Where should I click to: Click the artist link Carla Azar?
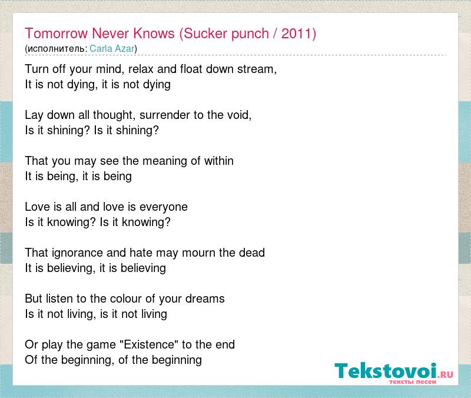point(112,48)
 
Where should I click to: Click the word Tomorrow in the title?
point(57,33)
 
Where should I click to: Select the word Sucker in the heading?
point(205,33)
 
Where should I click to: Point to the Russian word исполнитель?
point(57,49)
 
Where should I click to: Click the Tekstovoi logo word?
point(386,371)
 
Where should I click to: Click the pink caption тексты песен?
point(413,382)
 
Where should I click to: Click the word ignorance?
point(77,253)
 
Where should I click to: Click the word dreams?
point(205,299)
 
